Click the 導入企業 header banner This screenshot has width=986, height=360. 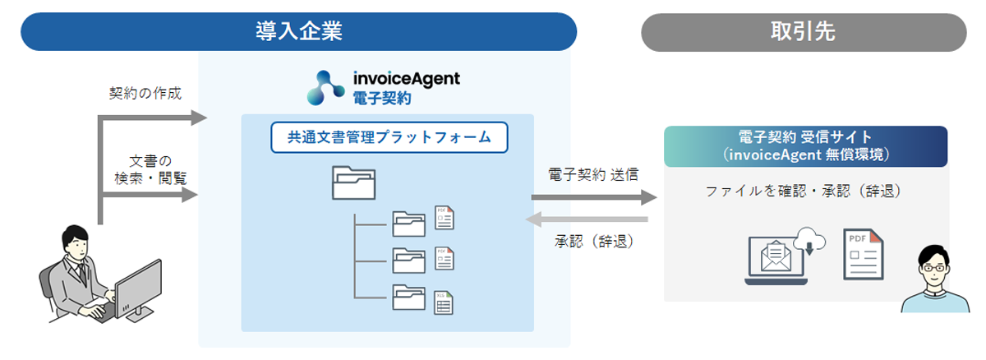pos(298,31)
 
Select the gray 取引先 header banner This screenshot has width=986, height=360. pos(803,31)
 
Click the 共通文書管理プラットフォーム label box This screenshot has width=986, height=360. pos(389,137)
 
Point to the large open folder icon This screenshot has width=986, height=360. pos(353,182)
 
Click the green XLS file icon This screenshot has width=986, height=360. pos(445,302)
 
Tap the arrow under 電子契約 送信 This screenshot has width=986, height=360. pos(594,197)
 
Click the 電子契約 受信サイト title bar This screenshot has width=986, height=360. pos(805,145)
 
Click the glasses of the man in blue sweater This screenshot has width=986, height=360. pos(935,266)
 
